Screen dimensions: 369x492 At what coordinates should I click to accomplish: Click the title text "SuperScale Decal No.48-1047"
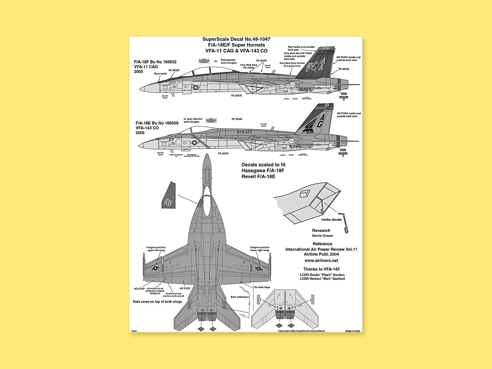pos(236,39)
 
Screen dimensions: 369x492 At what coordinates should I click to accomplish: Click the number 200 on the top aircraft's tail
pos(326,49)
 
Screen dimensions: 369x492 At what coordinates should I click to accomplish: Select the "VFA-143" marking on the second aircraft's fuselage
pos(245,132)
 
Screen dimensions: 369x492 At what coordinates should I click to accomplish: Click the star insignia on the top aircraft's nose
pos(196,88)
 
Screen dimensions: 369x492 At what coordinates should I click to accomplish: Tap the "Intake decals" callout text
pos(331,220)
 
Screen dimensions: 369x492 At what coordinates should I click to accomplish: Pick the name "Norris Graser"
pos(322,236)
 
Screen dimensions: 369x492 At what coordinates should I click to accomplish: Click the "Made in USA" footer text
pos(353,331)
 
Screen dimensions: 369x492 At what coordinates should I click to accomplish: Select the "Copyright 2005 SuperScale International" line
pos(301,331)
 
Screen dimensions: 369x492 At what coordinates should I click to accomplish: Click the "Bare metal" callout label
pos(161,74)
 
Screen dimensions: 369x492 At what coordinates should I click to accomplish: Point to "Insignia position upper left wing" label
pos(156,249)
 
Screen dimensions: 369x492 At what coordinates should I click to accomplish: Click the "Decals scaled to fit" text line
pos(264,165)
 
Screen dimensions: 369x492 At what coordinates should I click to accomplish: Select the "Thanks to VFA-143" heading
pos(321,269)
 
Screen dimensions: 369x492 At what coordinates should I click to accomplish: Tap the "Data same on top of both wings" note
pos(157,302)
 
